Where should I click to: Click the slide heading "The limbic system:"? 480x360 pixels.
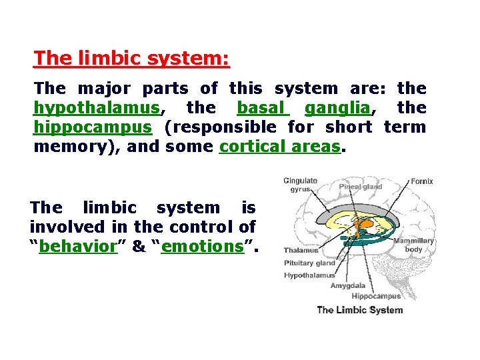point(131,58)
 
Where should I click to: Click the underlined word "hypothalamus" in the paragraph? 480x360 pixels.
point(96,107)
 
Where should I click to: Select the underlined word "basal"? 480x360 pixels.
point(262,107)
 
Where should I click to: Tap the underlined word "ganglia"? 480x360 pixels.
point(336,107)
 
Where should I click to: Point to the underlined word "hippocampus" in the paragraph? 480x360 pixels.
point(92,127)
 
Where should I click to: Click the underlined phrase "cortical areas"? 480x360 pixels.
point(279,146)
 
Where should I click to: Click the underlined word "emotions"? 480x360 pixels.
point(202,246)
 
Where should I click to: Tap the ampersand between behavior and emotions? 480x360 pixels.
point(139,246)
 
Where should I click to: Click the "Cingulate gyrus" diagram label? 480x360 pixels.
point(300,185)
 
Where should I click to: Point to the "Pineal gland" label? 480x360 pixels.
point(361,187)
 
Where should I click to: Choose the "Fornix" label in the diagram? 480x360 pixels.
point(422,181)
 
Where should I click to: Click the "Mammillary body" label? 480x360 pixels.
point(413,245)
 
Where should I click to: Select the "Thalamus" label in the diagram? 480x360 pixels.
point(301,251)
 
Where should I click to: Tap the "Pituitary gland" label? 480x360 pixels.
point(309,263)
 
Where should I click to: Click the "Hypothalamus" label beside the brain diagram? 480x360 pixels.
point(309,275)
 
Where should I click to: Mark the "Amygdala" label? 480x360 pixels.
point(348,285)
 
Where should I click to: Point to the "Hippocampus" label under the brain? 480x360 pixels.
point(376,296)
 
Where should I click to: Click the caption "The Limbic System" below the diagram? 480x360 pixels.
point(359,309)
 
